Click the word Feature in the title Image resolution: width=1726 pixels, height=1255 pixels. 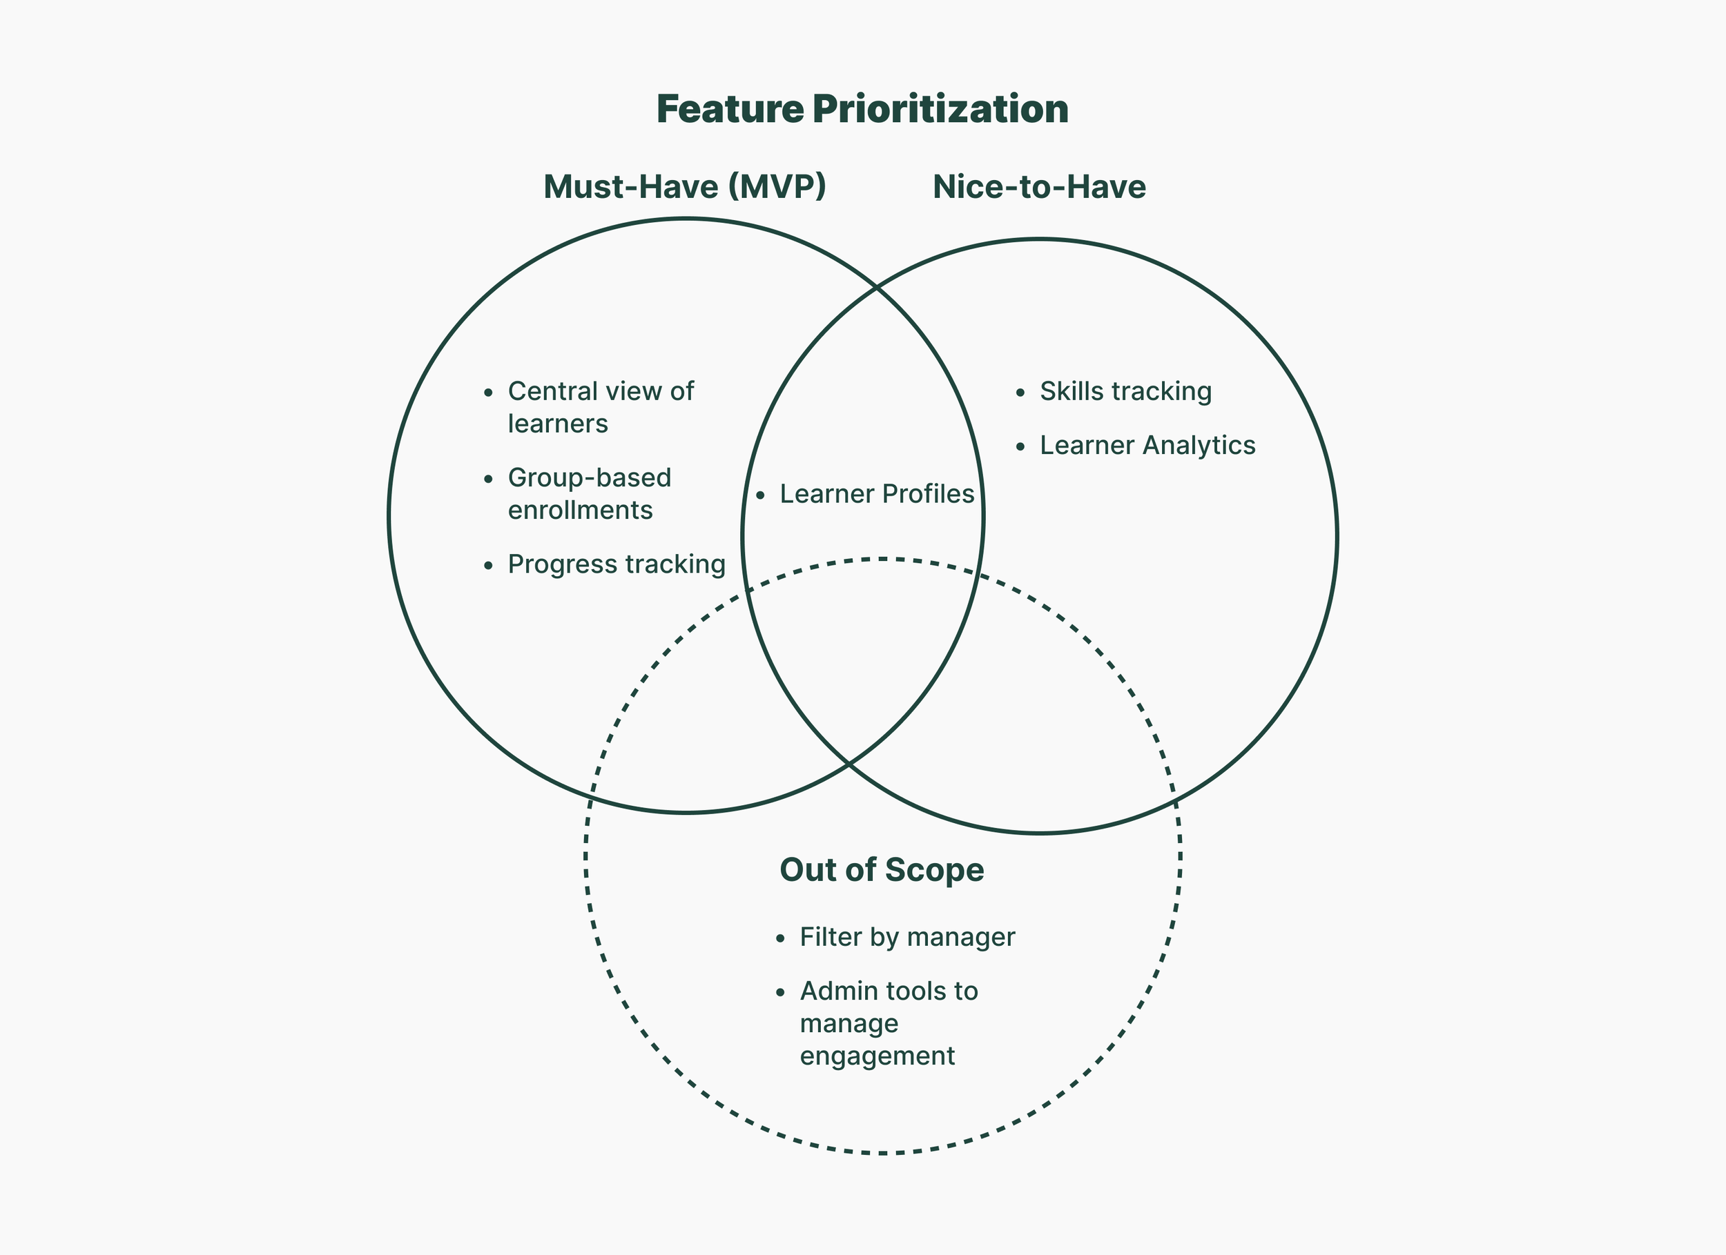(x=729, y=109)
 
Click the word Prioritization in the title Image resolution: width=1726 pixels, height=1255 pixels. (x=940, y=109)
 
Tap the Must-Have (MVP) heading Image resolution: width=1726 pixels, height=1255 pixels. (x=684, y=187)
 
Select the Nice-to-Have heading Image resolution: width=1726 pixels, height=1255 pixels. (x=1039, y=187)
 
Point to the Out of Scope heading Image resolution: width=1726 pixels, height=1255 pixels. (x=881, y=870)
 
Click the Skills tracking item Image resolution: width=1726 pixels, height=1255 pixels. (x=1125, y=392)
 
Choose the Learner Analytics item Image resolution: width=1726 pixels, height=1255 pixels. (x=1147, y=446)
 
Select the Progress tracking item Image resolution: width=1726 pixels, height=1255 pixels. (x=617, y=564)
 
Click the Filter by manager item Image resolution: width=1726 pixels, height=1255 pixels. (x=907, y=937)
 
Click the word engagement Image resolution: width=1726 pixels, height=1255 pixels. (x=877, y=1056)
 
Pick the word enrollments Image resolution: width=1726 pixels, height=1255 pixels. (x=580, y=511)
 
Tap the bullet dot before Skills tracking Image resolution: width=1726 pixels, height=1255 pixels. (x=1020, y=393)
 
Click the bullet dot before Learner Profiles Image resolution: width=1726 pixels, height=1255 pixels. (x=760, y=496)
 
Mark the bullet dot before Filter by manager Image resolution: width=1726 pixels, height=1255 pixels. (x=780, y=938)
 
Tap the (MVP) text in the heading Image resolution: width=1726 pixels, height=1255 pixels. (x=777, y=187)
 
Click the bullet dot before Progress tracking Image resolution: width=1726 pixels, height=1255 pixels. (x=489, y=566)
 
